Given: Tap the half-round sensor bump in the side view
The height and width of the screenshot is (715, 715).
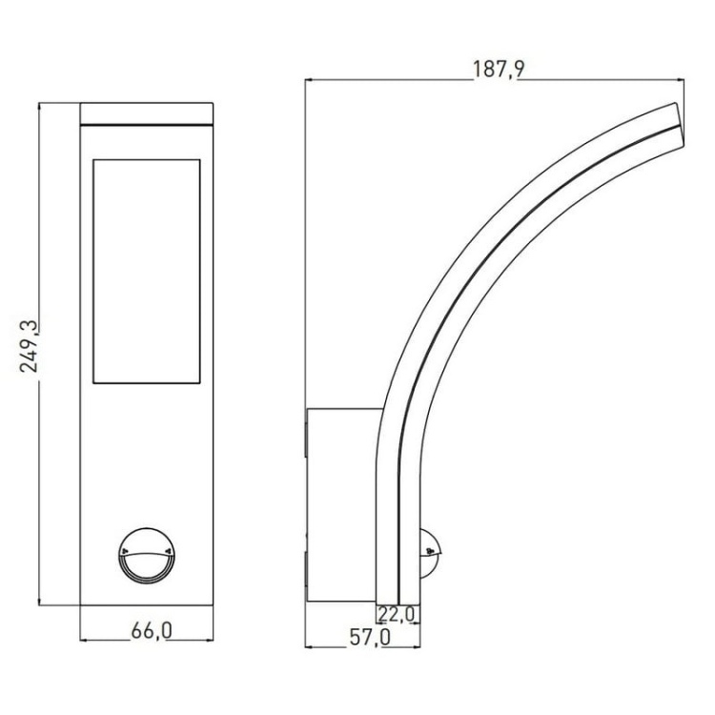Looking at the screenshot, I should (431, 553).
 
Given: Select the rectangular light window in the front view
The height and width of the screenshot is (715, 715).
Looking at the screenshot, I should (147, 272).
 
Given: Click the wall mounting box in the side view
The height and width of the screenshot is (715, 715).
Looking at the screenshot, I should (343, 502).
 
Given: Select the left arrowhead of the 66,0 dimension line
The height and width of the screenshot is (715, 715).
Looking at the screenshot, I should (84, 638).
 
